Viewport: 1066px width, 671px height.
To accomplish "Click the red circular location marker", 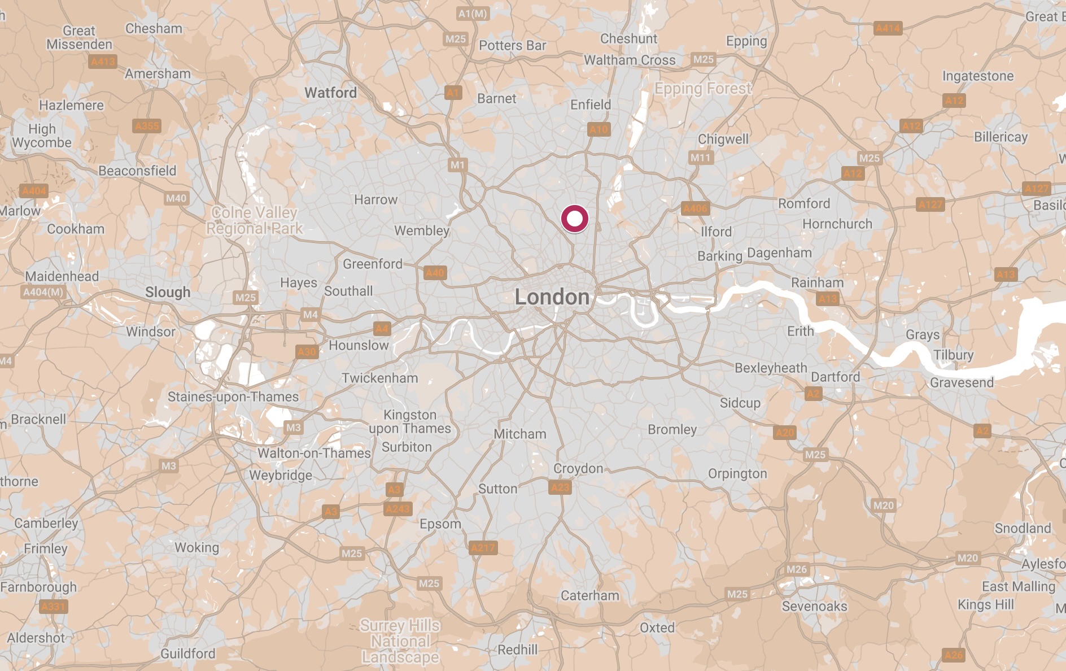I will coord(574,219).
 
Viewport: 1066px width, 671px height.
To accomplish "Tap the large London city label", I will coord(552,297).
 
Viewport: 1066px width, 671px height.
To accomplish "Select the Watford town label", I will coord(330,93).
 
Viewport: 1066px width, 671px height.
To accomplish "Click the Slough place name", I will coord(168,292).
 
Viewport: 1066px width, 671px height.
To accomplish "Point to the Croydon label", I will coord(578,468).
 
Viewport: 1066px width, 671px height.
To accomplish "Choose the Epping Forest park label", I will coord(703,89).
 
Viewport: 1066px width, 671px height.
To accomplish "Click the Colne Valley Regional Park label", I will coord(254,220).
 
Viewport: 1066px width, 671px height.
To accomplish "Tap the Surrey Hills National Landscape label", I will coord(400,641).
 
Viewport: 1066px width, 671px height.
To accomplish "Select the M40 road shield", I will coord(176,198).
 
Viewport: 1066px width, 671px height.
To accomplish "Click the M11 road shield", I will coord(700,158).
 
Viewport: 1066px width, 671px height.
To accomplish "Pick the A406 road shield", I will coord(695,208).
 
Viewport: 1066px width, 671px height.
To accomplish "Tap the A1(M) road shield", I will coord(473,14).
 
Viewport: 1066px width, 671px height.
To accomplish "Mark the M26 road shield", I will coord(797,569).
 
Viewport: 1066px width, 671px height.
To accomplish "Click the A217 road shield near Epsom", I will coord(483,547).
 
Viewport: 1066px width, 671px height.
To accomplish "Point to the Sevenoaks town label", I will coord(814,606).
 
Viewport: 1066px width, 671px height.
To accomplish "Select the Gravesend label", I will coord(962,382).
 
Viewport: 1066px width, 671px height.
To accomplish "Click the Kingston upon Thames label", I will coord(410,421).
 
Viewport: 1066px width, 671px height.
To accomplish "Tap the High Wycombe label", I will coord(42,136).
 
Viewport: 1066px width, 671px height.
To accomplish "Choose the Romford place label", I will coord(804,203).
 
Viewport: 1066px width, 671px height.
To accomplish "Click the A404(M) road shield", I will coord(43,292).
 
